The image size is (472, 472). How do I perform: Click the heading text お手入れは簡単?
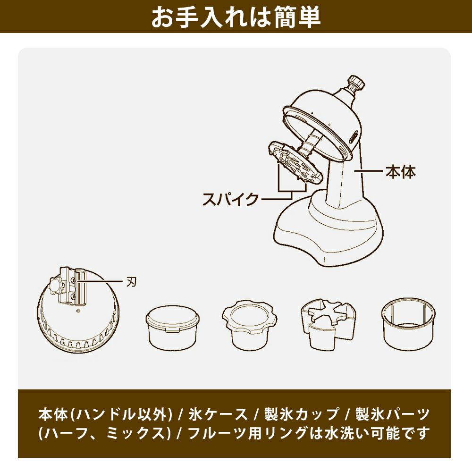[x=236, y=17]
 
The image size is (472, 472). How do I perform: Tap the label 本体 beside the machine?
[x=401, y=172]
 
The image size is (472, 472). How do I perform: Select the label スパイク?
[x=231, y=199]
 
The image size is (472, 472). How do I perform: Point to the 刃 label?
[x=132, y=282]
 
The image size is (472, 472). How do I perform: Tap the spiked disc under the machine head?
[x=295, y=163]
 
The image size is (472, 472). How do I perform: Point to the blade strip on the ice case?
[x=81, y=287]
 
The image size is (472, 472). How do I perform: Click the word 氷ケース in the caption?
[x=218, y=414]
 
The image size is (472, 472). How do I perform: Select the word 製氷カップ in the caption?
[x=301, y=414]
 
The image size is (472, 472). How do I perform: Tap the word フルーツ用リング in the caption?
[x=247, y=433]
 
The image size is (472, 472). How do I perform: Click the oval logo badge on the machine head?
[x=354, y=136]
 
